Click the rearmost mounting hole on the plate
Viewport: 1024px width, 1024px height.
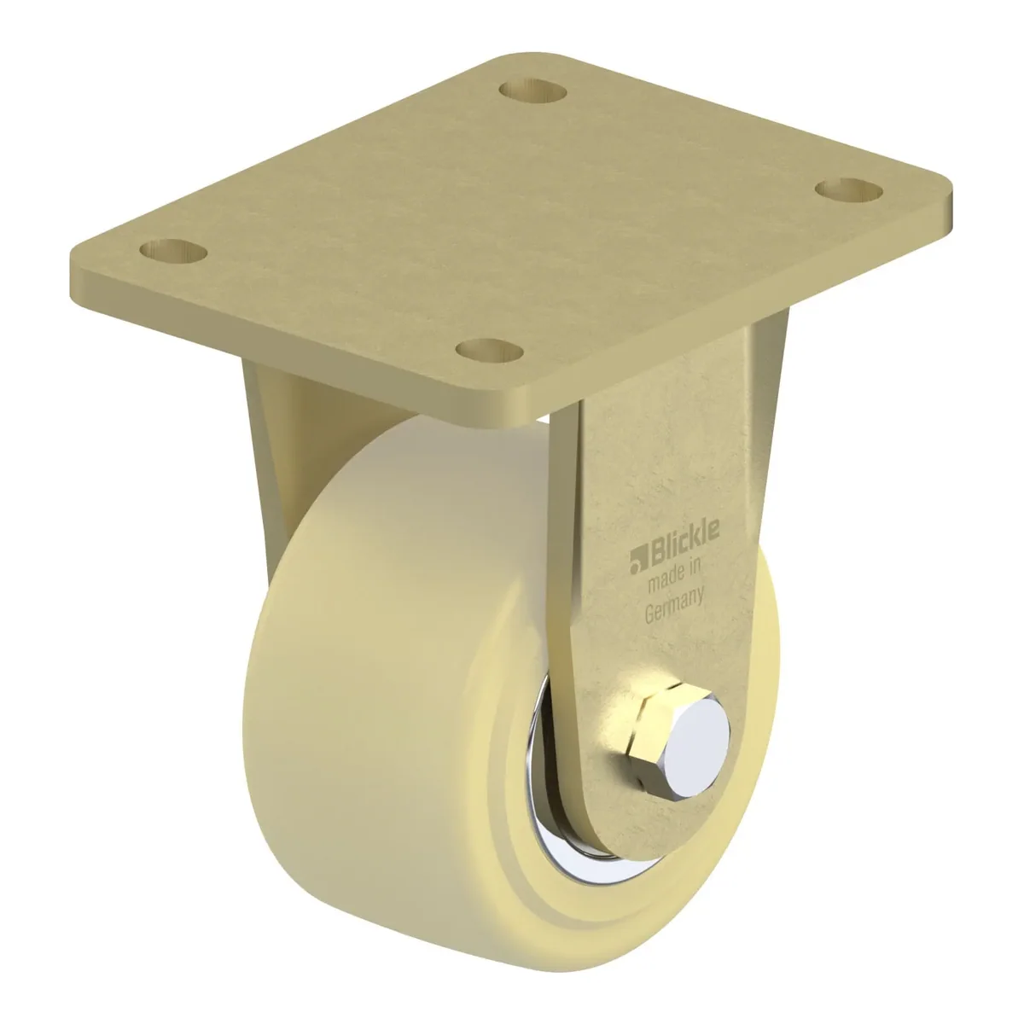(x=533, y=90)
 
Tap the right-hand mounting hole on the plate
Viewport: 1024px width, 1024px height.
(x=848, y=191)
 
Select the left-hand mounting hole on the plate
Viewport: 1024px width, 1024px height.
(x=173, y=251)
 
